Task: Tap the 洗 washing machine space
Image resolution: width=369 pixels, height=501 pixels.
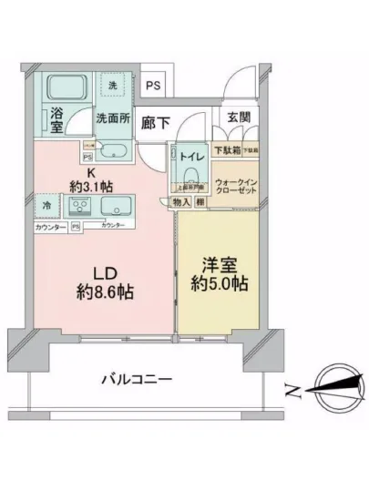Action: (x=113, y=87)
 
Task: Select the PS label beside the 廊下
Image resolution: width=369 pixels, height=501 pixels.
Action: (x=154, y=86)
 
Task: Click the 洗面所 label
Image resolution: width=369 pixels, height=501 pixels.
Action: (x=114, y=118)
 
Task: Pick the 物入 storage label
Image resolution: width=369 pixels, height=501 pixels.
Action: (x=180, y=202)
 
